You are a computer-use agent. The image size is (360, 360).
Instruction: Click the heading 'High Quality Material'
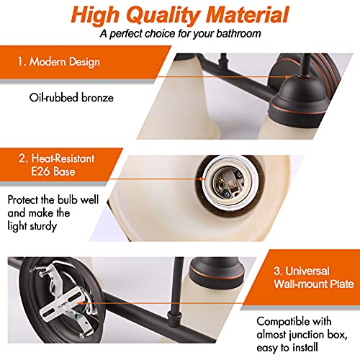179,14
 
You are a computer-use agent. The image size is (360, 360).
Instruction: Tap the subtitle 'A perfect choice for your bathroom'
179,34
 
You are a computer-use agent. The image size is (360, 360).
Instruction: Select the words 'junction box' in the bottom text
313,331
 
